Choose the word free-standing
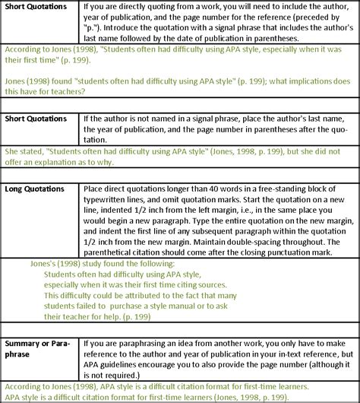[294, 186]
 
